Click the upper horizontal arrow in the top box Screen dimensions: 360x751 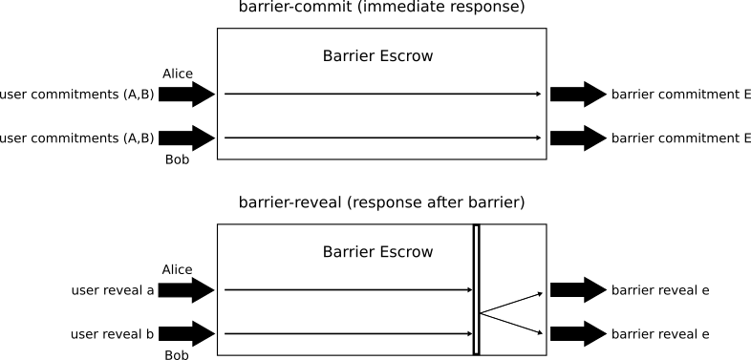[382, 94]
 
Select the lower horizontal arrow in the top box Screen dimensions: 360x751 [382, 138]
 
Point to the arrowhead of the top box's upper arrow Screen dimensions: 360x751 [539, 94]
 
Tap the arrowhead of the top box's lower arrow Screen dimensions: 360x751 [539, 138]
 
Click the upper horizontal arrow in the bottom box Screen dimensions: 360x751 [349, 289]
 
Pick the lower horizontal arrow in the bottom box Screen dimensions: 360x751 [349, 333]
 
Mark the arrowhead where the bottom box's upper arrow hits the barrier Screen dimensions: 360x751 [470, 289]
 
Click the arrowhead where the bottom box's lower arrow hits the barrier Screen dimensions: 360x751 [470, 333]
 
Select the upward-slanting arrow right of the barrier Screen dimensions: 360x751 [511, 303]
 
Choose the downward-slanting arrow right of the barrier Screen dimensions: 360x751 [511, 324]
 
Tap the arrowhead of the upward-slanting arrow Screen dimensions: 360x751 [540, 293]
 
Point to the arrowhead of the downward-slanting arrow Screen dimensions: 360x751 [540, 333]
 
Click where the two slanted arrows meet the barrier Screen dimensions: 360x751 [481, 313]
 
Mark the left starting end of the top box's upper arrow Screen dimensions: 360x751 [225, 94]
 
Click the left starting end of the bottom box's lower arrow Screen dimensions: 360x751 [225, 333]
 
